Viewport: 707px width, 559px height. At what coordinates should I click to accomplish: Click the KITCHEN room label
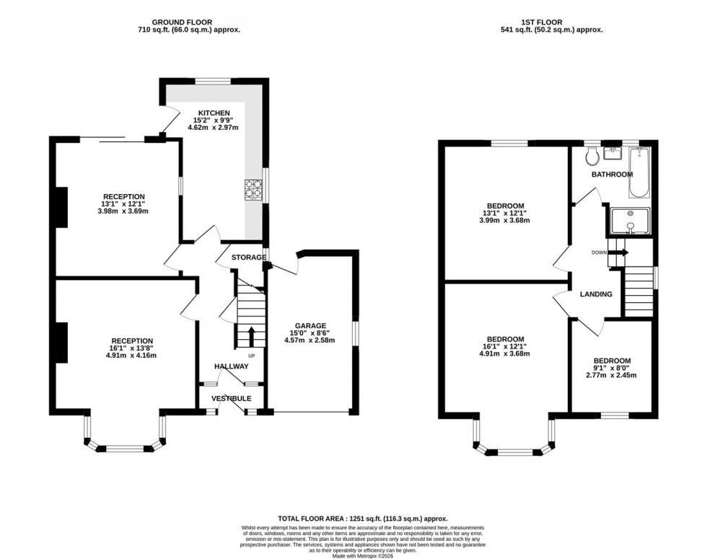click(214, 113)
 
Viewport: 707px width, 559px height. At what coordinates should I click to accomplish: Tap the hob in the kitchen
click(253, 188)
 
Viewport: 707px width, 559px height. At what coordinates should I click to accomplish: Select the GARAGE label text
click(310, 325)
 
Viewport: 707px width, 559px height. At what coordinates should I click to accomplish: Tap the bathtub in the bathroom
click(639, 172)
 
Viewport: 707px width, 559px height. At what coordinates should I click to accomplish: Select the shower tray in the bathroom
click(629, 221)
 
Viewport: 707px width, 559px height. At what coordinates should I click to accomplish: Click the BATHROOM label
click(612, 175)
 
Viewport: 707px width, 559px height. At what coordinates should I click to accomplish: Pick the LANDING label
click(596, 294)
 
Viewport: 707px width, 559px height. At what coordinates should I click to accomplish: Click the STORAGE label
click(247, 257)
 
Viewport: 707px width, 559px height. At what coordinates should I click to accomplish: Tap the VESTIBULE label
click(231, 398)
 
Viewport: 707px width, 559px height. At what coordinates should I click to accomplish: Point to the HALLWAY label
click(231, 367)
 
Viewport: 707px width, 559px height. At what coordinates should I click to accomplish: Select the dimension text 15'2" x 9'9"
click(214, 121)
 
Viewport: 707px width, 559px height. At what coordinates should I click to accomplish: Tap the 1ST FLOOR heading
click(551, 22)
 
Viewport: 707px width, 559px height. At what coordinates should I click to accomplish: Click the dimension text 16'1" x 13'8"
click(131, 348)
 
